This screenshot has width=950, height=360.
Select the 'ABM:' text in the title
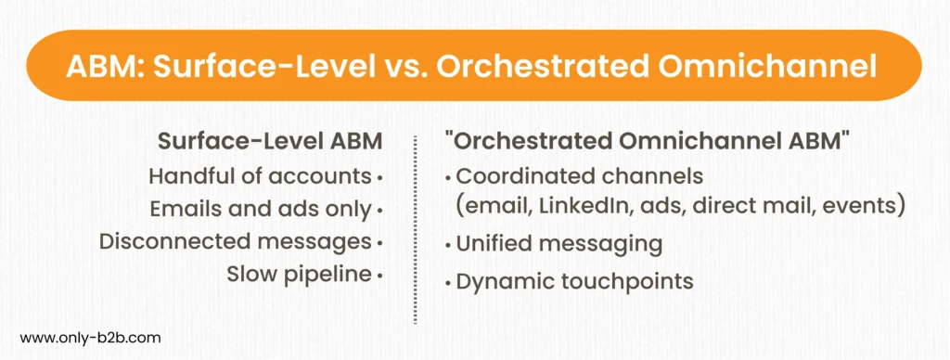point(103,66)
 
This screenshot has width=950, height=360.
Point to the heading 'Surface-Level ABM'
point(270,142)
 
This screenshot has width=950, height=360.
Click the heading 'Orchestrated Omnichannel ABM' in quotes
point(647,142)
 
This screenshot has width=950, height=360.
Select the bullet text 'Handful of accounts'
point(260,176)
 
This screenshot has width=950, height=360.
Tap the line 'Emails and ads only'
point(261,209)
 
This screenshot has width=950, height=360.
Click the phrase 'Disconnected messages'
point(235,241)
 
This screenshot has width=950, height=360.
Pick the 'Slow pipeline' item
point(299,274)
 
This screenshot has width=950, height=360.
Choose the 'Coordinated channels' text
point(579,176)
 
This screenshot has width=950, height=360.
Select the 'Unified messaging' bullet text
point(558,244)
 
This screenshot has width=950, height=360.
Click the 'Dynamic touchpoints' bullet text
point(574,281)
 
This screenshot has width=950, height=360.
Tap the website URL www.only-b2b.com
point(91,338)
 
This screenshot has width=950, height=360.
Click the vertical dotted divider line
point(416,231)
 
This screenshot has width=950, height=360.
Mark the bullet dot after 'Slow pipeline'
point(379,276)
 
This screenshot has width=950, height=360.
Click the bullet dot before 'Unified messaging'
point(448,245)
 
